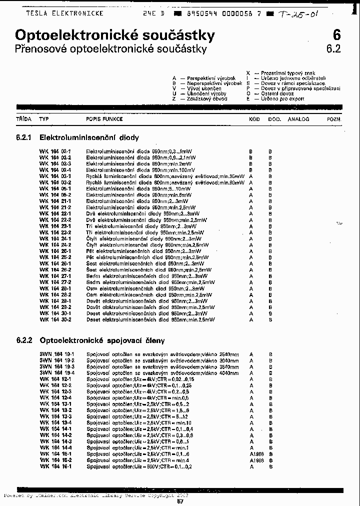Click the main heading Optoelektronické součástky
pos(115,35)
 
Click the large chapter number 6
pos(336,35)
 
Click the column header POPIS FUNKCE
pos(104,119)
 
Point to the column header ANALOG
pos(298,119)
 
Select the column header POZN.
pos(334,119)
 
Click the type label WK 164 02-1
pos(55,151)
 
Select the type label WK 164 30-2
pos(55,319)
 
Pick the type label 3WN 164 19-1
pos(57,354)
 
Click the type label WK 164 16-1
pos(55,466)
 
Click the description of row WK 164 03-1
pos(165,176)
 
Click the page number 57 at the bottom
pos(180,501)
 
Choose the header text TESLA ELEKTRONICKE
pos(64,13)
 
